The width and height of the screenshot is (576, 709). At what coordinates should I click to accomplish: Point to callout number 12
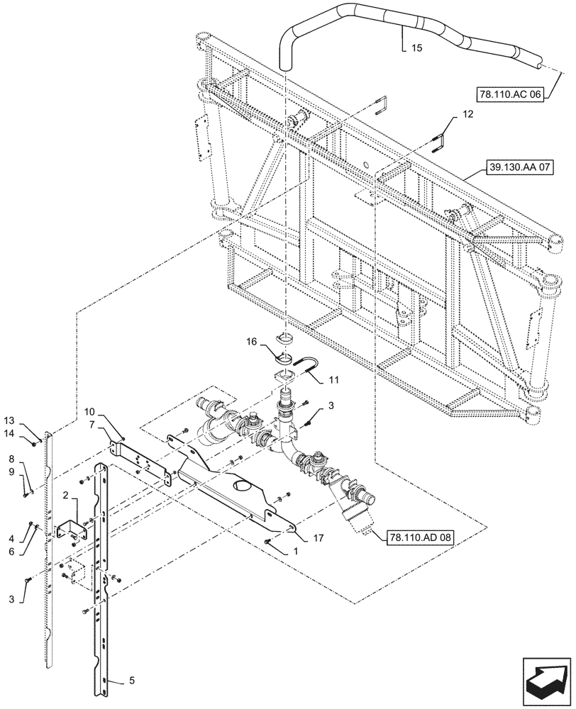pyautogui.click(x=468, y=113)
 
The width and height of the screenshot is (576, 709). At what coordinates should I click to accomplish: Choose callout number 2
pyautogui.click(x=66, y=494)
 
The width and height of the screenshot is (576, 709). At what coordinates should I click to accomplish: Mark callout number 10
pyautogui.click(x=89, y=412)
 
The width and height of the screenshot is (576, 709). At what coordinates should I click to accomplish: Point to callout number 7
pyautogui.click(x=93, y=424)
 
